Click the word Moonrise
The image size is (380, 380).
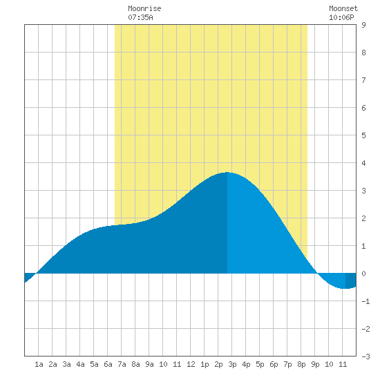144,9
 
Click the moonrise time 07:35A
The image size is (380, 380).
140,17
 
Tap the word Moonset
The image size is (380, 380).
343,9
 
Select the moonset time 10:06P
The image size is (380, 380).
341,17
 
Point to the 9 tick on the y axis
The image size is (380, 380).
363,25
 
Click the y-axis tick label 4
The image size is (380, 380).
363,163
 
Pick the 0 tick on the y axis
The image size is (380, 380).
363,274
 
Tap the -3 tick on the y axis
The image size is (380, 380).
365,357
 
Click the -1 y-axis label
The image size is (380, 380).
365,301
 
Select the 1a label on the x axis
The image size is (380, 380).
39,364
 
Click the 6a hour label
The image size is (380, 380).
108,364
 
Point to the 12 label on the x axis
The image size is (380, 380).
191,364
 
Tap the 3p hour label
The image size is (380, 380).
232,364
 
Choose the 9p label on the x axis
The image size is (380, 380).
315,364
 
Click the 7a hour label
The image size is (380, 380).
122,364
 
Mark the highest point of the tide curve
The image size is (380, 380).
227,172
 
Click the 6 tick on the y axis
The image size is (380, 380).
363,108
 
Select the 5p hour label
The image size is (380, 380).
260,364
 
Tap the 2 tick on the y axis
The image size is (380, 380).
363,218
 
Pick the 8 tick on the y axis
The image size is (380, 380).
363,53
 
